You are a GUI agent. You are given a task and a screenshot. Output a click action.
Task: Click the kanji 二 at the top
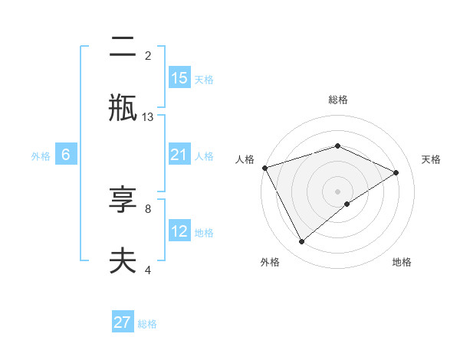click(x=123, y=50)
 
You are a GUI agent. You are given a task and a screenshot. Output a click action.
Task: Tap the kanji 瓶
click(x=123, y=107)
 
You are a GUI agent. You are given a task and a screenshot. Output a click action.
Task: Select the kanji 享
click(x=123, y=201)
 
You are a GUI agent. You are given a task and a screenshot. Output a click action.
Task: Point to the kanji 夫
click(x=123, y=260)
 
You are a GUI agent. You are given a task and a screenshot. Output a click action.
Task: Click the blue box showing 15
click(x=179, y=78)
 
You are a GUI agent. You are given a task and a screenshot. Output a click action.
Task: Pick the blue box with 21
click(x=179, y=155)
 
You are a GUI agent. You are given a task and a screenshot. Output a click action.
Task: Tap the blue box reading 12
click(x=179, y=232)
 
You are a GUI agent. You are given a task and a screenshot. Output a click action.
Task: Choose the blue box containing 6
click(x=66, y=155)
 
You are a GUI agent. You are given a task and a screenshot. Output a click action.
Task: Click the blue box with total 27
click(x=123, y=322)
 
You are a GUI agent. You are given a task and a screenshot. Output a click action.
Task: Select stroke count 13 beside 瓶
click(x=148, y=117)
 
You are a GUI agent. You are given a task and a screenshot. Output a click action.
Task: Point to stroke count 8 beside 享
click(x=148, y=208)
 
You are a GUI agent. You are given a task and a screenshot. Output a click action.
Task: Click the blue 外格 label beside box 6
click(x=41, y=156)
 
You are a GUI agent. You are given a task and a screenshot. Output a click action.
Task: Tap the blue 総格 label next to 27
click(x=147, y=324)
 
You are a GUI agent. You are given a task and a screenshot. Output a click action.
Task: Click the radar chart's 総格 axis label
click(x=338, y=100)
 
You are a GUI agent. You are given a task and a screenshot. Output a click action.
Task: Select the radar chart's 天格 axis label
click(x=431, y=159)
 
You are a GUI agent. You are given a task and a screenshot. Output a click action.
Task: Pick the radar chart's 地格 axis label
click(x=402, y=262)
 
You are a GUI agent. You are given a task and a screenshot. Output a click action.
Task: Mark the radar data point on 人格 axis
click(x=264, y=168)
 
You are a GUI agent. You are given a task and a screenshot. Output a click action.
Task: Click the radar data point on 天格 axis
click(x=396, y=172)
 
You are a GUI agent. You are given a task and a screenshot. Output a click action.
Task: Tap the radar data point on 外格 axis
click(x=301, y=242)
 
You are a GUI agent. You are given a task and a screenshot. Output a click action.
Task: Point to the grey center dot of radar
click(x=337, y=191)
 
